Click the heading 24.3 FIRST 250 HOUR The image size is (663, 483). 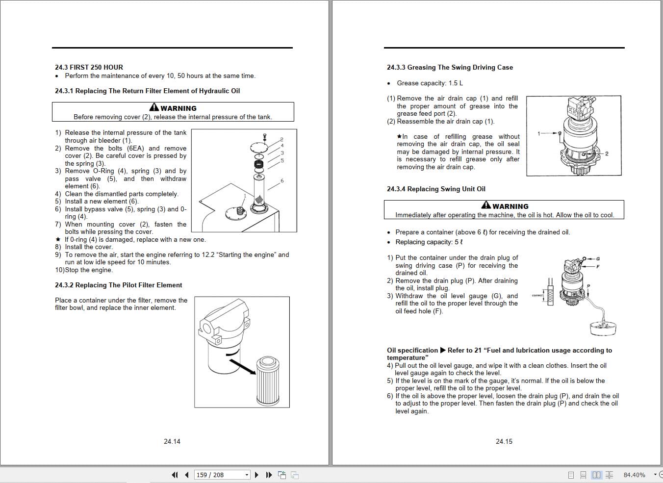point(89,67)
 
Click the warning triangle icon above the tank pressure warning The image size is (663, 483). point(154,107)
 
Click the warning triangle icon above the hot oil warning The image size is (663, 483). point(486,205)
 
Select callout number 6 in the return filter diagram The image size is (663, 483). point(282,181)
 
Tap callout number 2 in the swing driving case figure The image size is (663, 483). point(607,154)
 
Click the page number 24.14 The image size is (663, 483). point(172,441)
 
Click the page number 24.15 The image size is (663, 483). point(504,441)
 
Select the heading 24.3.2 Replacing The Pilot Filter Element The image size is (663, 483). point(118,285)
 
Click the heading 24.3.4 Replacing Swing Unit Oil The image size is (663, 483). point(436,189)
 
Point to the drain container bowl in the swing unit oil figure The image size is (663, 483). point(604,328)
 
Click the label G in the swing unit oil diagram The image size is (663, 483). point(598,259)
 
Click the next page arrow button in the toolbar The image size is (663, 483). point(256,475)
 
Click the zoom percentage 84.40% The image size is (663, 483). point(634,475)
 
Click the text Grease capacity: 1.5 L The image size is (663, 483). point(430,83)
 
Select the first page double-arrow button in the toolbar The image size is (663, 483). point(174,475)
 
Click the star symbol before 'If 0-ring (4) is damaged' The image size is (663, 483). point(58,240)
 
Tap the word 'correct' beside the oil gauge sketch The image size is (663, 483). point(537,295)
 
